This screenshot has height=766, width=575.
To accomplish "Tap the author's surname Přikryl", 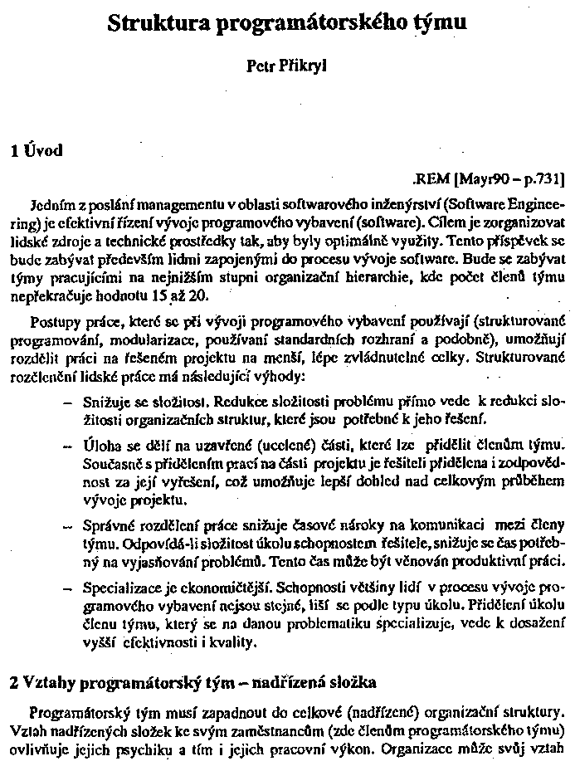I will (304, 66).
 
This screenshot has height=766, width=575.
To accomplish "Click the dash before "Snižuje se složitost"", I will (67, 401).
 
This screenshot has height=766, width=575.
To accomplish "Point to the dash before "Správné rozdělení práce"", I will (67, 524).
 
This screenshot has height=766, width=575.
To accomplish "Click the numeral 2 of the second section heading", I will (12, 685).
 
